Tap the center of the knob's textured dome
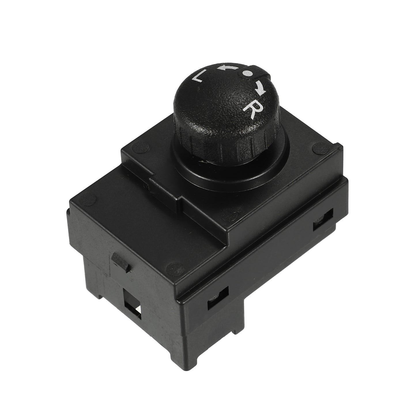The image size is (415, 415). click(x=224, y=101)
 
